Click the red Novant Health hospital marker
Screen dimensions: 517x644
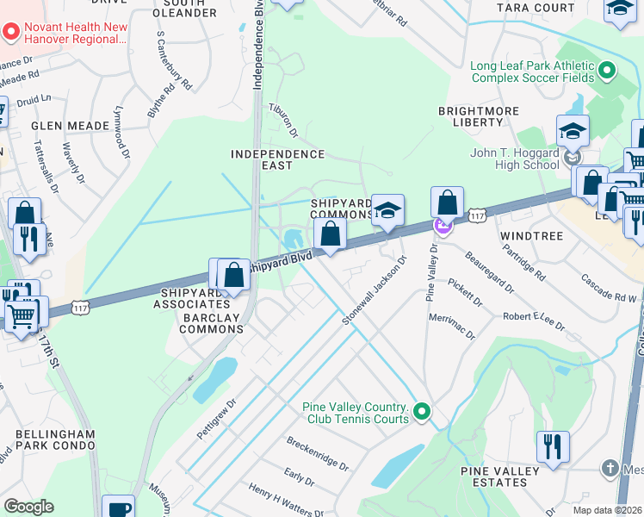11,33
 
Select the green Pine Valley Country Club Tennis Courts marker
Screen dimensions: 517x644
421,413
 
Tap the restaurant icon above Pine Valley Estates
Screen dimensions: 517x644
551,447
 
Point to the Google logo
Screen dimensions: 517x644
28,507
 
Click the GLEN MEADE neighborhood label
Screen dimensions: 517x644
71,126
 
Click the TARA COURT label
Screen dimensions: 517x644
535,8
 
